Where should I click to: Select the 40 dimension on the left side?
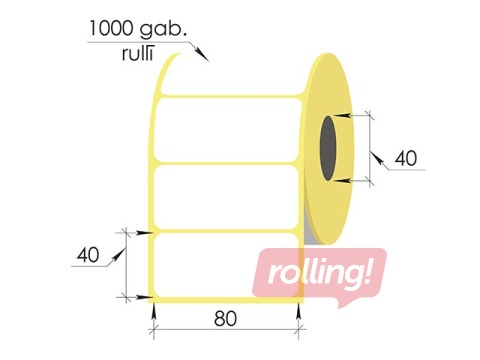pos(90,255)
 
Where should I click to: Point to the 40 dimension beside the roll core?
pos(405,158)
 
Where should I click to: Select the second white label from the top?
pos(228,196)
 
